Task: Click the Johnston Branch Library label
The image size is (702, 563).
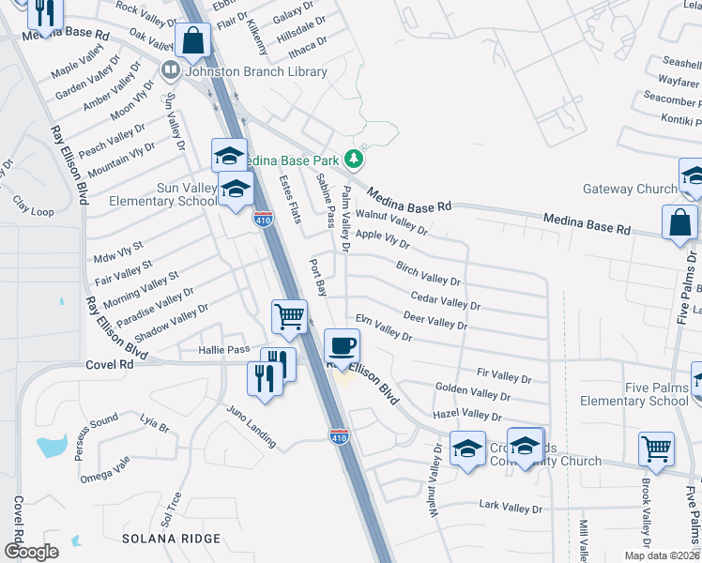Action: (256, 71)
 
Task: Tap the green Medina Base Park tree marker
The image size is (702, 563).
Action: (354, 158)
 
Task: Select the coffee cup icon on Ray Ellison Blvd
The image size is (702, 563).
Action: (342, 345)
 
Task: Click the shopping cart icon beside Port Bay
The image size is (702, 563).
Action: (290, 317)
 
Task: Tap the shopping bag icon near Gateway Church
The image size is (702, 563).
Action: (679, 223)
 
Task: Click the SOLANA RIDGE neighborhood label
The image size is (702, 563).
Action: (171, 539)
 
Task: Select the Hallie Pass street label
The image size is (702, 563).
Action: (223, 349)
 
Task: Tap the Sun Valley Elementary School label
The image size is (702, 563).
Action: (162, 194)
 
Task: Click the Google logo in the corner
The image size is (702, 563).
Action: (31, 552)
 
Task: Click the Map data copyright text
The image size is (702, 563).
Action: (649, 555)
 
